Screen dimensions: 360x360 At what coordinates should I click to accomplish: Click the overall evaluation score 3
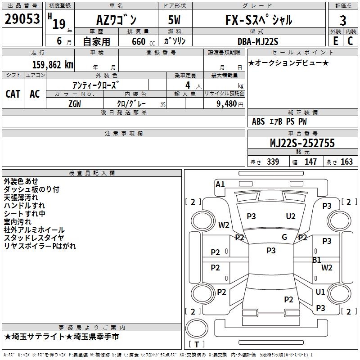[343, 20]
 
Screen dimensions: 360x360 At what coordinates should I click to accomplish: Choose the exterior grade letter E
[335, 41]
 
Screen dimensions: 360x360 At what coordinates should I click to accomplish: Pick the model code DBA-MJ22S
[257, 41]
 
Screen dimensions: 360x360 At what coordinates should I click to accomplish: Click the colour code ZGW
[75, 103]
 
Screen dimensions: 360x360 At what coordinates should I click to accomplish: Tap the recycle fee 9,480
[226, 103]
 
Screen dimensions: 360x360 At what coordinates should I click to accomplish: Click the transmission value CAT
[13, 94]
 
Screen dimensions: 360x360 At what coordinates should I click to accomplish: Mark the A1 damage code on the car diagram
[220, 184]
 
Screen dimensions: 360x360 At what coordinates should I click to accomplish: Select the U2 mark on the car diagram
[291, 216]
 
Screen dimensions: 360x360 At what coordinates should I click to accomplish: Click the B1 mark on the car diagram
[317, 260]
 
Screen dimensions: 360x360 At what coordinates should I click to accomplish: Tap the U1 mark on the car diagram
[320, 292]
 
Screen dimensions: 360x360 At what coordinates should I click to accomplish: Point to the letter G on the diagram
[284, 237]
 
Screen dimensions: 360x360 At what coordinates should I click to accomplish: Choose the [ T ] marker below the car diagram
[197, 345]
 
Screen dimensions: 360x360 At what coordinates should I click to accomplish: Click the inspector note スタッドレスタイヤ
[34, 238]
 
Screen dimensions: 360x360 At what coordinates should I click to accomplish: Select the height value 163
[346, 162]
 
